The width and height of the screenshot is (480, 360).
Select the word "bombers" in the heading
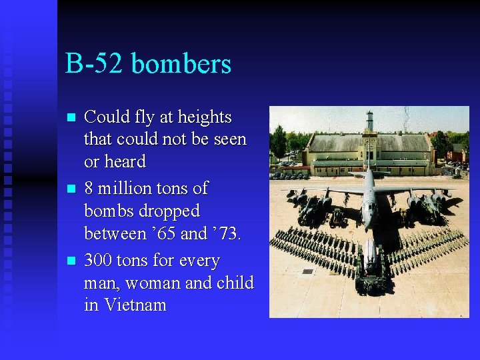181,64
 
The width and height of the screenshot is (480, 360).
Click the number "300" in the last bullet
99,260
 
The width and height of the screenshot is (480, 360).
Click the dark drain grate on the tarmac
307,271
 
